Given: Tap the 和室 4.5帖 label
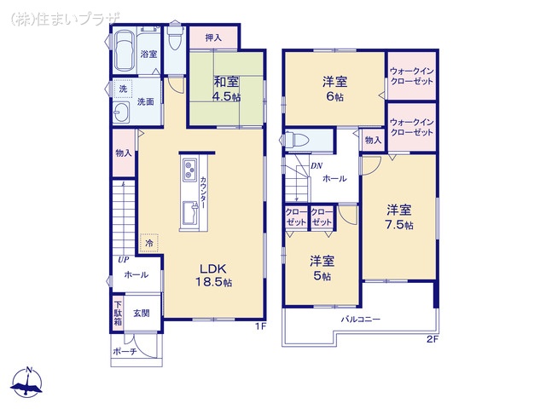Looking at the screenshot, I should (225, 89).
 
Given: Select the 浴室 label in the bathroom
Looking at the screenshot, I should (148, 54).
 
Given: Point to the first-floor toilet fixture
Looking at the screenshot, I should (175, 40).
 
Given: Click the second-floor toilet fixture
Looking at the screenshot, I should (290, 140).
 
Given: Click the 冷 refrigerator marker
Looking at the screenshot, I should (149, 243).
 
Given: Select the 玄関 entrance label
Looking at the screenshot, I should (142, 314).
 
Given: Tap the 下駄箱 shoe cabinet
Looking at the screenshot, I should (118, 313).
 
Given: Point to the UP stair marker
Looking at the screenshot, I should (124, 260).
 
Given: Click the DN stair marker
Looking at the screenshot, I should (316, 166).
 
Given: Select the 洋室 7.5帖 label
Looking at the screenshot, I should (398, 217).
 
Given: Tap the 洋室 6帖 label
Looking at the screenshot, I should (334, 89).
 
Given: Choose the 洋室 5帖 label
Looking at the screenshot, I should (322, 268).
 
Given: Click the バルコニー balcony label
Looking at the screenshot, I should (361, 320).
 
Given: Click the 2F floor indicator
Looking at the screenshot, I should (432, 339).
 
